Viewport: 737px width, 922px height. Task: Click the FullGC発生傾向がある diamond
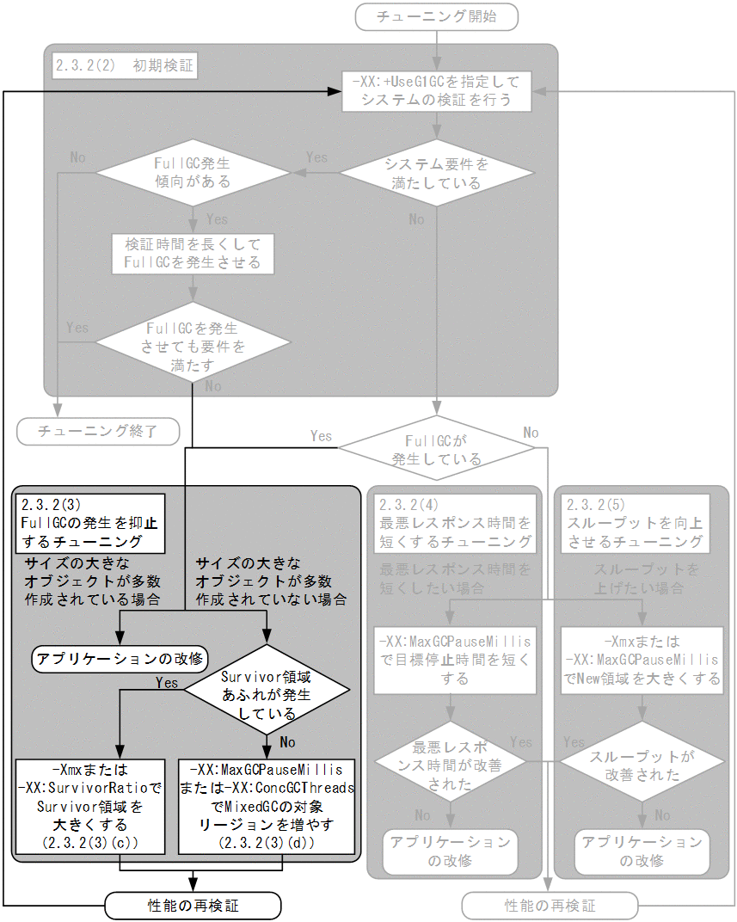tap(192, 173)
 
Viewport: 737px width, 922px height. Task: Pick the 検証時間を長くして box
tap(192, 253)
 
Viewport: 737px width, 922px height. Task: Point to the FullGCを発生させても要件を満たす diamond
tap(192, 338)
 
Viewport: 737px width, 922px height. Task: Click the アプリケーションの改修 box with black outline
tap(120, 659)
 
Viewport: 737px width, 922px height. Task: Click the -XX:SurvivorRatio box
tap(95, 805)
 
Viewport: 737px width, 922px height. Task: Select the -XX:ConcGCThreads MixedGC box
tap(267, 805)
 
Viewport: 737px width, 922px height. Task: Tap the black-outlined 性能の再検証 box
tap(193, 905)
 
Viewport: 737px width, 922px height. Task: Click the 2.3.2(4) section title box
tap(455, 523)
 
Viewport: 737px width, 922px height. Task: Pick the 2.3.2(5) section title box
tap(635, 523)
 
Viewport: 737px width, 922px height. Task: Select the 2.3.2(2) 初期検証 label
tap(124, 65)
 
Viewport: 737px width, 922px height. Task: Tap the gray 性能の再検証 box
tap(550, 905)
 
